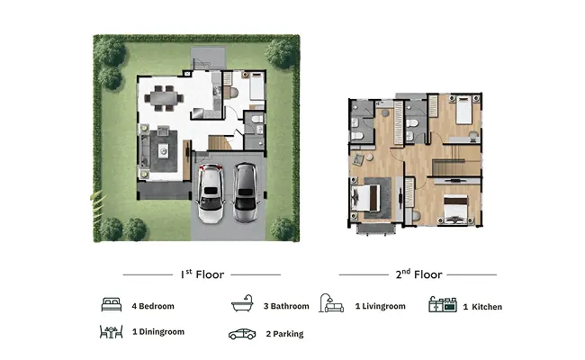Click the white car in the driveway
(211, 193)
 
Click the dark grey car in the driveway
(246, 193)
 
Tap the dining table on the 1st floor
(164, 98)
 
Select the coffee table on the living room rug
(163, 151)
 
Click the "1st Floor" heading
(202, 274)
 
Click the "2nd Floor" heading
(418, 274)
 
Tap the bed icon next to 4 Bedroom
(112, 305)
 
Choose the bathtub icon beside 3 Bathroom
(242, 303)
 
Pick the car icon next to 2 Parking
(242, 334)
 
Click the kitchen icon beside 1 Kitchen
(443, 304)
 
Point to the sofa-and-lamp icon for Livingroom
(331, 302)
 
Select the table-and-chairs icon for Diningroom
(112, 331)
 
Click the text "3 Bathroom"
(286, 306)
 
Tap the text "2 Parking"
(284, 334)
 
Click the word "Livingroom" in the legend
(383, 306)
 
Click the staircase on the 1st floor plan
(220, 142)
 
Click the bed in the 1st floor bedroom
(256, 86)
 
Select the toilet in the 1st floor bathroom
(257, 119)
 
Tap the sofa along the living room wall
(144, 150)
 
